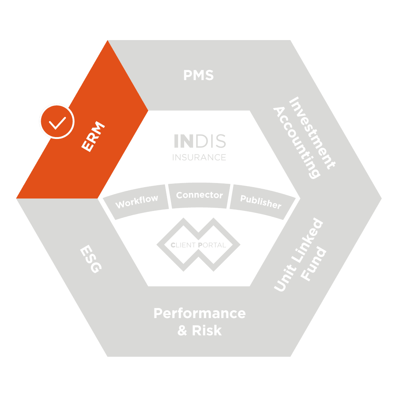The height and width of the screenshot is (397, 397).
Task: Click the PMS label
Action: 198,76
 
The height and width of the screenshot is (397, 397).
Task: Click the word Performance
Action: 199,314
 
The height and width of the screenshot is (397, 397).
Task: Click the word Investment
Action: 312,133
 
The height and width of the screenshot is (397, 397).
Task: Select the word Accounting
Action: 296,143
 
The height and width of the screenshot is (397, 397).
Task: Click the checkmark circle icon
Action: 57,121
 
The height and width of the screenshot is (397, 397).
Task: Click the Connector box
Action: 199,195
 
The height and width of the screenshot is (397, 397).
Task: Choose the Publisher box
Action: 261,201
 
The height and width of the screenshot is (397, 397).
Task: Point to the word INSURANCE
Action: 199,157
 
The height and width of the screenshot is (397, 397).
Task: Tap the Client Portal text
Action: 198,245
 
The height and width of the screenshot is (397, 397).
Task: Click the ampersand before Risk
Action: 183,330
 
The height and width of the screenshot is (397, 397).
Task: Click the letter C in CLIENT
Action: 173,245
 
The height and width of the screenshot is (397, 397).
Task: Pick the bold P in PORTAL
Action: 200,245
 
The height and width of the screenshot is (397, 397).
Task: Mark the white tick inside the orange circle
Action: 57,122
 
